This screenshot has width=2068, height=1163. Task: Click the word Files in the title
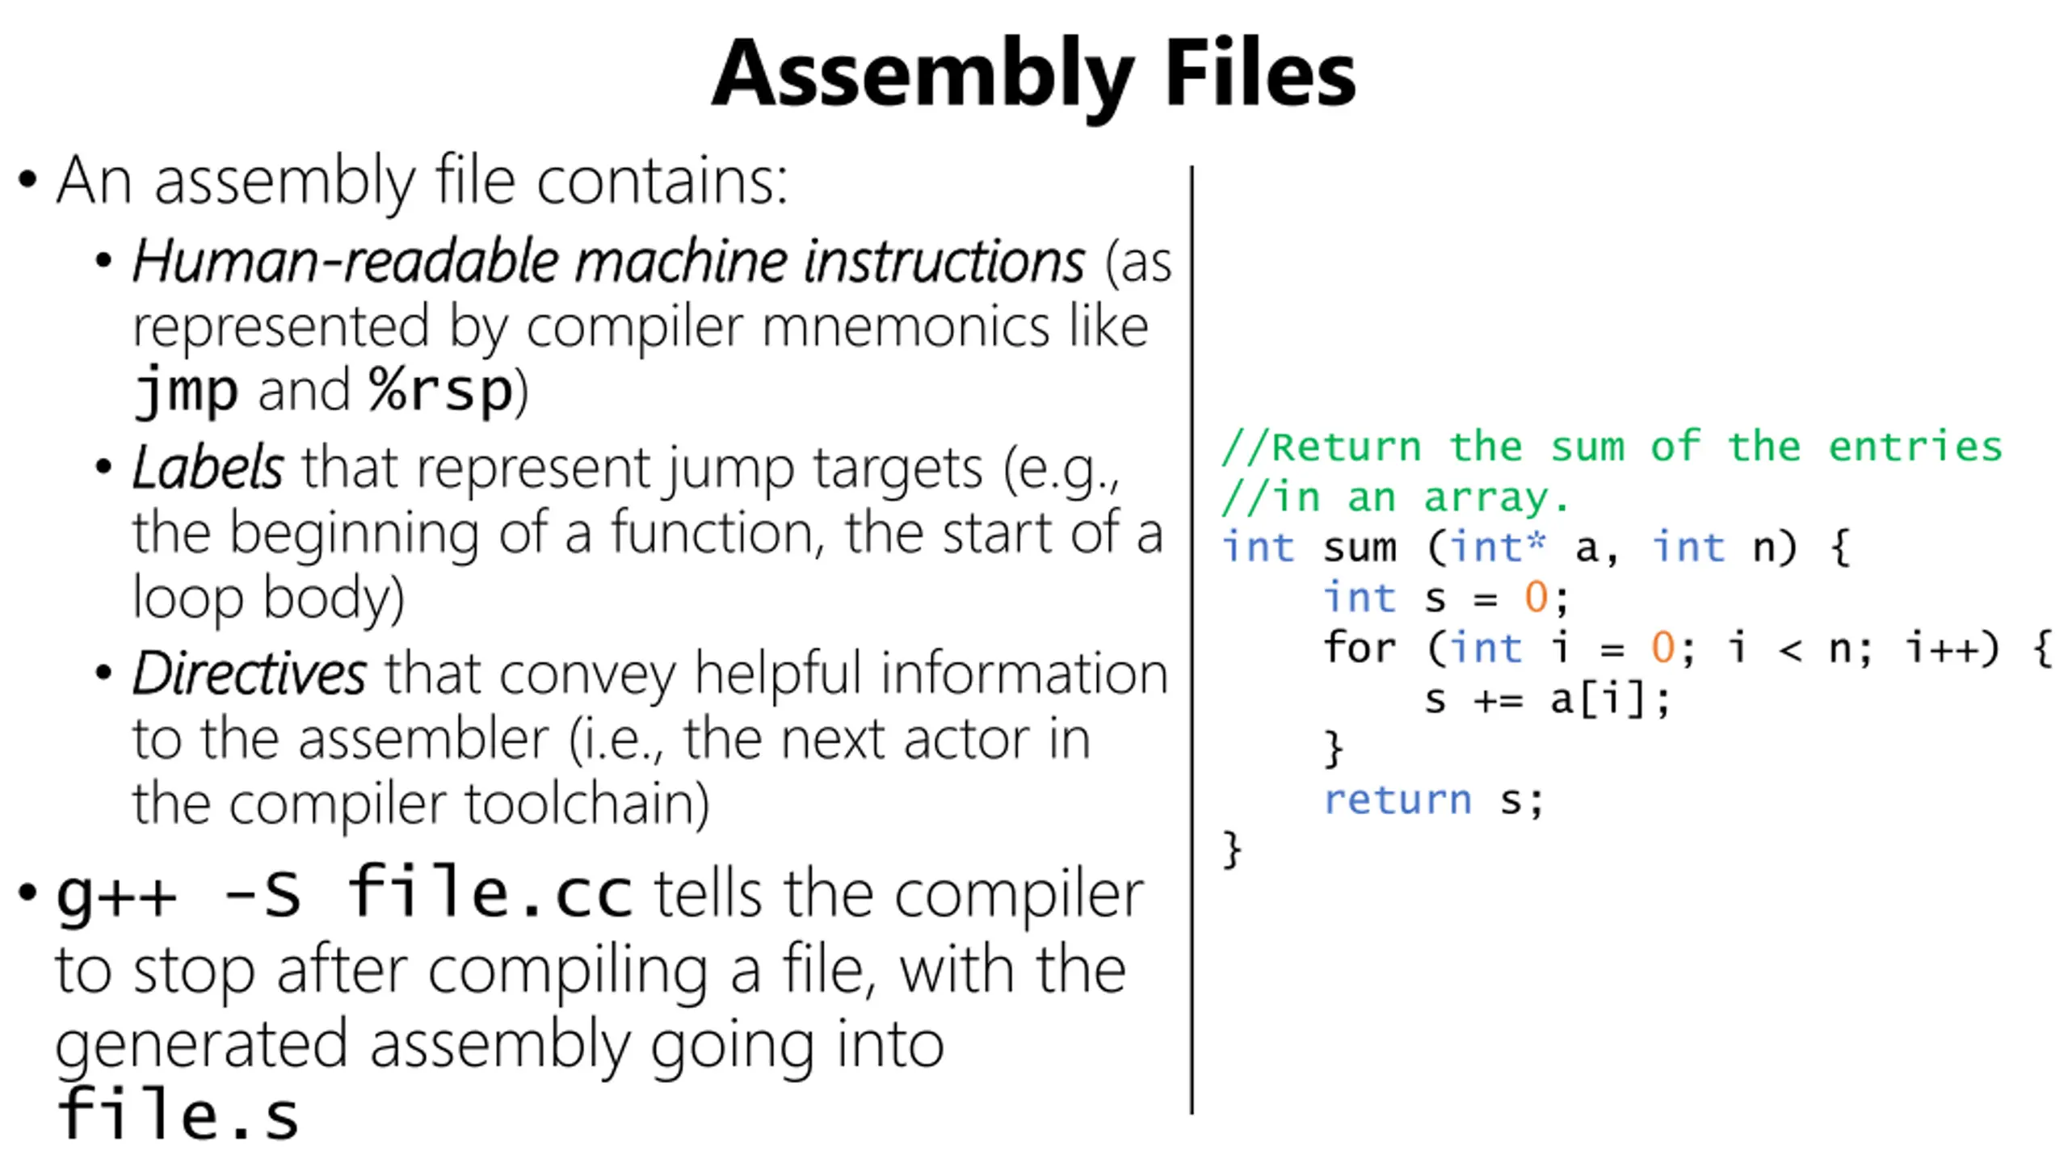tap(1260, 74)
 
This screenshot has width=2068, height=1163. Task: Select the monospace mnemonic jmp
tap(186, 392)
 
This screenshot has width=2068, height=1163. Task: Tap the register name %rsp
tap(441, 392)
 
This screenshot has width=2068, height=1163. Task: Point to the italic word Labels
tap(208, 468)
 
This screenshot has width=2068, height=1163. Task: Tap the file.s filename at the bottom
tap(178, 1116)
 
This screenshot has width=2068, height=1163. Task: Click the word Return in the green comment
tap(1346, 447)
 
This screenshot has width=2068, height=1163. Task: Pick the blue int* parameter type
tap(1498, 548)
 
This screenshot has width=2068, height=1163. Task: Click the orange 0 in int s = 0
tap(1536, 598)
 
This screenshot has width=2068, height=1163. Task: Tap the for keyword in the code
tap(1360, 649)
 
